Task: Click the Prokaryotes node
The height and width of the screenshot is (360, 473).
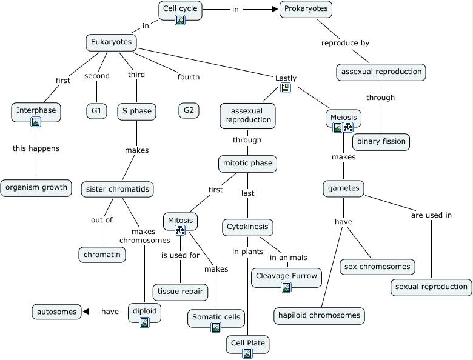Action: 306,9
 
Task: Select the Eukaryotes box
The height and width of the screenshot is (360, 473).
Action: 111,42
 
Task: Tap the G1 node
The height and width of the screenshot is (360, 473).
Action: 96,111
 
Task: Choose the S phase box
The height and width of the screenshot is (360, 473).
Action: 136,111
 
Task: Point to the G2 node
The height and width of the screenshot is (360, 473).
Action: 189,110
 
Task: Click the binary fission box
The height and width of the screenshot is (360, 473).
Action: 381,142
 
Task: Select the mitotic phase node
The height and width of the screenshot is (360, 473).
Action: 247,164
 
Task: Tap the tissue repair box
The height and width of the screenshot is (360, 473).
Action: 180,292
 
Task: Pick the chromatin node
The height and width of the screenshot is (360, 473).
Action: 102,255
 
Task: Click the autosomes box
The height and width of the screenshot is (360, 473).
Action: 56,312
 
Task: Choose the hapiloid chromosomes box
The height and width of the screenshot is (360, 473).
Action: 319,315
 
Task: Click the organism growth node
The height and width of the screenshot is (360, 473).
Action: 36,187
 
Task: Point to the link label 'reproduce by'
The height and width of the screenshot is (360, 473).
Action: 345,43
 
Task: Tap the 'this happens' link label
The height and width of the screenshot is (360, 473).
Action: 36,148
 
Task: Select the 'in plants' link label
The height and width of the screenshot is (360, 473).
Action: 247,251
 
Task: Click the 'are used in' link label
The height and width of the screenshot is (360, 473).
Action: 431,215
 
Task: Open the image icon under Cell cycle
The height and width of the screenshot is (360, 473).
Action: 180,20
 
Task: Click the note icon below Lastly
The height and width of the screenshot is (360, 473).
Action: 286,88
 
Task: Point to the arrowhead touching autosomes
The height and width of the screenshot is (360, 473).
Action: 86,312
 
